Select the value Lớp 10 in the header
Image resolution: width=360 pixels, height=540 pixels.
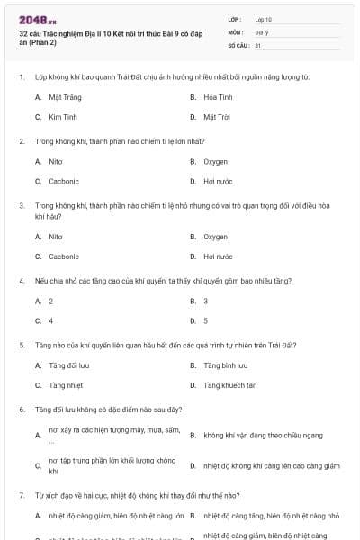264,18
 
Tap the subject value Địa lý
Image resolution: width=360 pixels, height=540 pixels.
263,31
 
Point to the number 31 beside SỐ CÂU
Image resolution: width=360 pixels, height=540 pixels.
258,44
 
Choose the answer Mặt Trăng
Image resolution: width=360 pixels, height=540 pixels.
63,96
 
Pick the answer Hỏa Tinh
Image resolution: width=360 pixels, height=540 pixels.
219,96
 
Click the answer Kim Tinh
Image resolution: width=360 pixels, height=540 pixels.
63,117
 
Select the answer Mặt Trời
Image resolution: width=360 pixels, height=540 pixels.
217,117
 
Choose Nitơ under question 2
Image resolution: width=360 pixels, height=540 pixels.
56,161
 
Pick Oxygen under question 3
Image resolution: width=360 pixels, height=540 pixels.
216,237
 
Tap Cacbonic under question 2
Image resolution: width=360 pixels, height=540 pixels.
64,182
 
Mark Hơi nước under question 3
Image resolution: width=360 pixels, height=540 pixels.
218,257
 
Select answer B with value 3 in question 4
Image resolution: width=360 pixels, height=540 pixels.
206,301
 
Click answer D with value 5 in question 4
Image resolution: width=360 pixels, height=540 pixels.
206,321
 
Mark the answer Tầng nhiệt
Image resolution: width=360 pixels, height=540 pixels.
66,386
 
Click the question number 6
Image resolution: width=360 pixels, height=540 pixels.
21,409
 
